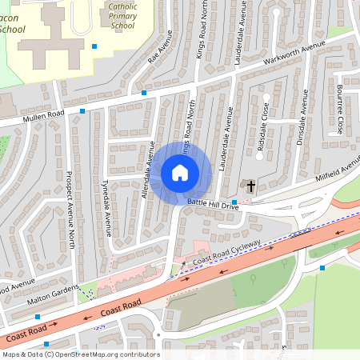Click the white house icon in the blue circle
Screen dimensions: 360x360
[x=180, y=172]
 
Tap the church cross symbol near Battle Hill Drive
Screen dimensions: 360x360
[x=250, y=186]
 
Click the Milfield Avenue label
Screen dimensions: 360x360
[x=339, y=170]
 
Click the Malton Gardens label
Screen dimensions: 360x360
[x=55, y=293]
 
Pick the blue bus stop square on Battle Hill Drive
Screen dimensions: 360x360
[x=234, y=202]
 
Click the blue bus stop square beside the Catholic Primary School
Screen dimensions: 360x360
[x=94, y=46]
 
